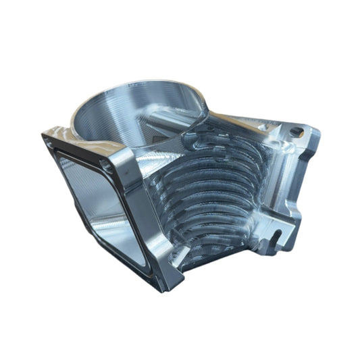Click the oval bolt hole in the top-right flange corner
click(x=295, y=130)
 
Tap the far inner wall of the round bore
click(x=135, y=95)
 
